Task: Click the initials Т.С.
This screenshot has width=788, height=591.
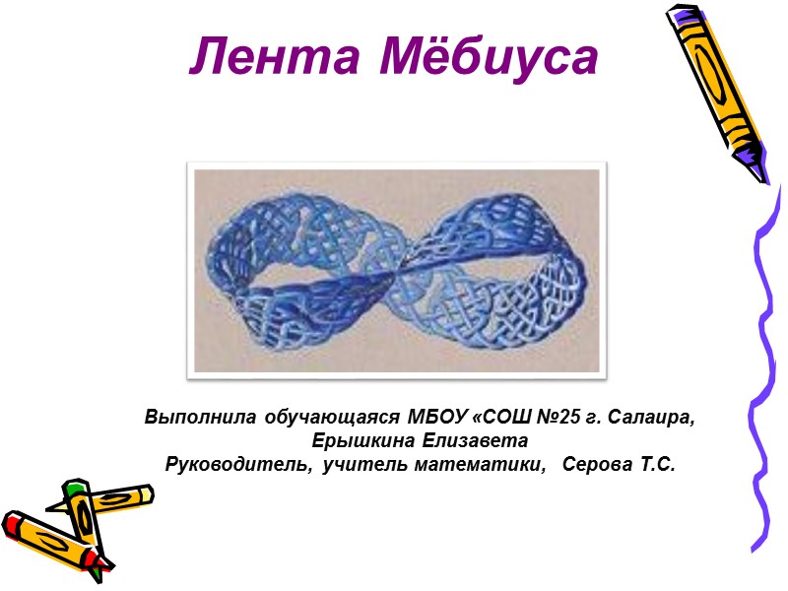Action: pos(654,463)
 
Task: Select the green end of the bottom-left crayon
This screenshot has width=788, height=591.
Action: pos(74,490)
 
